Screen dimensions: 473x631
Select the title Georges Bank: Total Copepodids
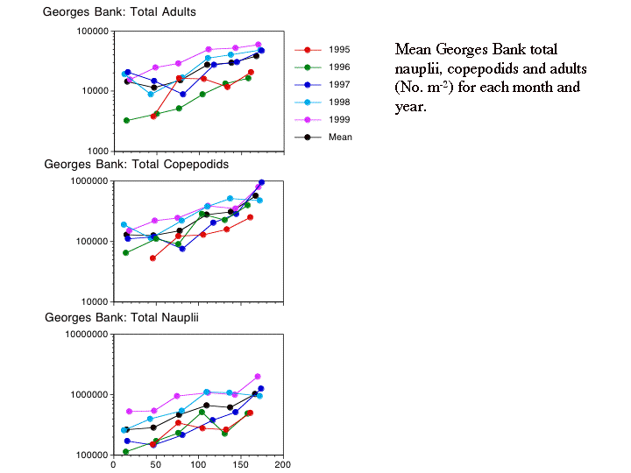(x=136, y=164)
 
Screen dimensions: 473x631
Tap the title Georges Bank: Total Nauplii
(x=122, y=316)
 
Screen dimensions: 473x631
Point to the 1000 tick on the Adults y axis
(x=95, y=152)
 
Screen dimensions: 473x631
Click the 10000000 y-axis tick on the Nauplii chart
(x=82, y=335)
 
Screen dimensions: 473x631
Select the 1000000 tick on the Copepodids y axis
(x=87, y=181)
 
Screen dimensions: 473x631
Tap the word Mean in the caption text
(x=416, y=49)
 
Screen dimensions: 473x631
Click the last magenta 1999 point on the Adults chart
(x=259, y=45)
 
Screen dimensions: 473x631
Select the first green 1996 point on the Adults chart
(x=127, y=120)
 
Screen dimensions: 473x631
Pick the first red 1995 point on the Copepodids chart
(x=153, y=258)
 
